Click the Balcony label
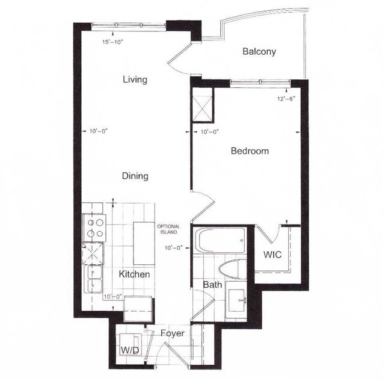point(259,52)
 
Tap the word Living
point(135,79)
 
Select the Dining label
point(135,176)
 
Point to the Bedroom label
point(250,151)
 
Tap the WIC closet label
point(273,254)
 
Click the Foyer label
point(172,333)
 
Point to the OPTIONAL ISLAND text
point(168,229)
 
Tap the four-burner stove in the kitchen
point(94,227)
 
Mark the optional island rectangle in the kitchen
point(143,243)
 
